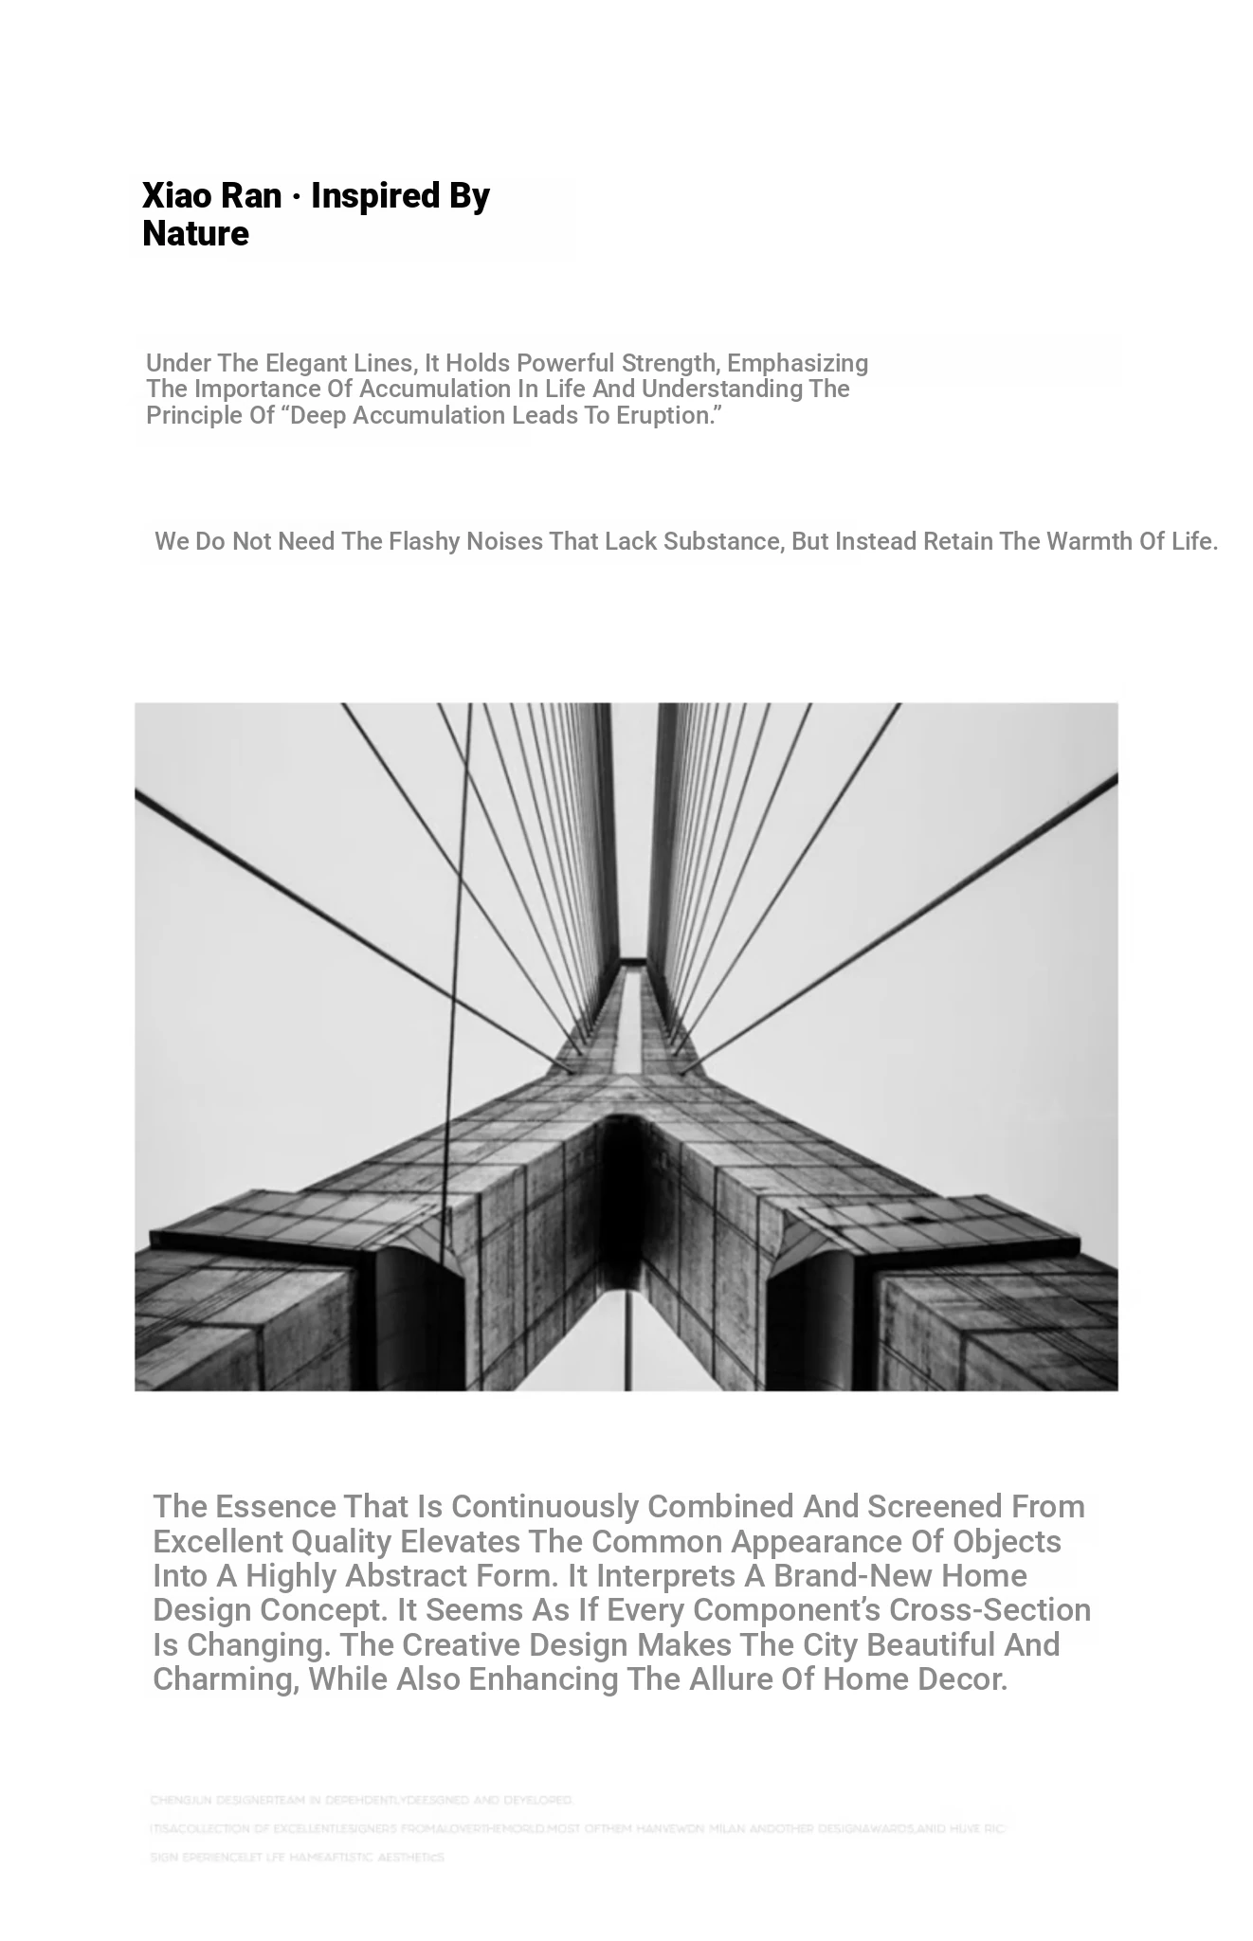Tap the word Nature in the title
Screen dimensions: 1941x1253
[195, 234]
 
